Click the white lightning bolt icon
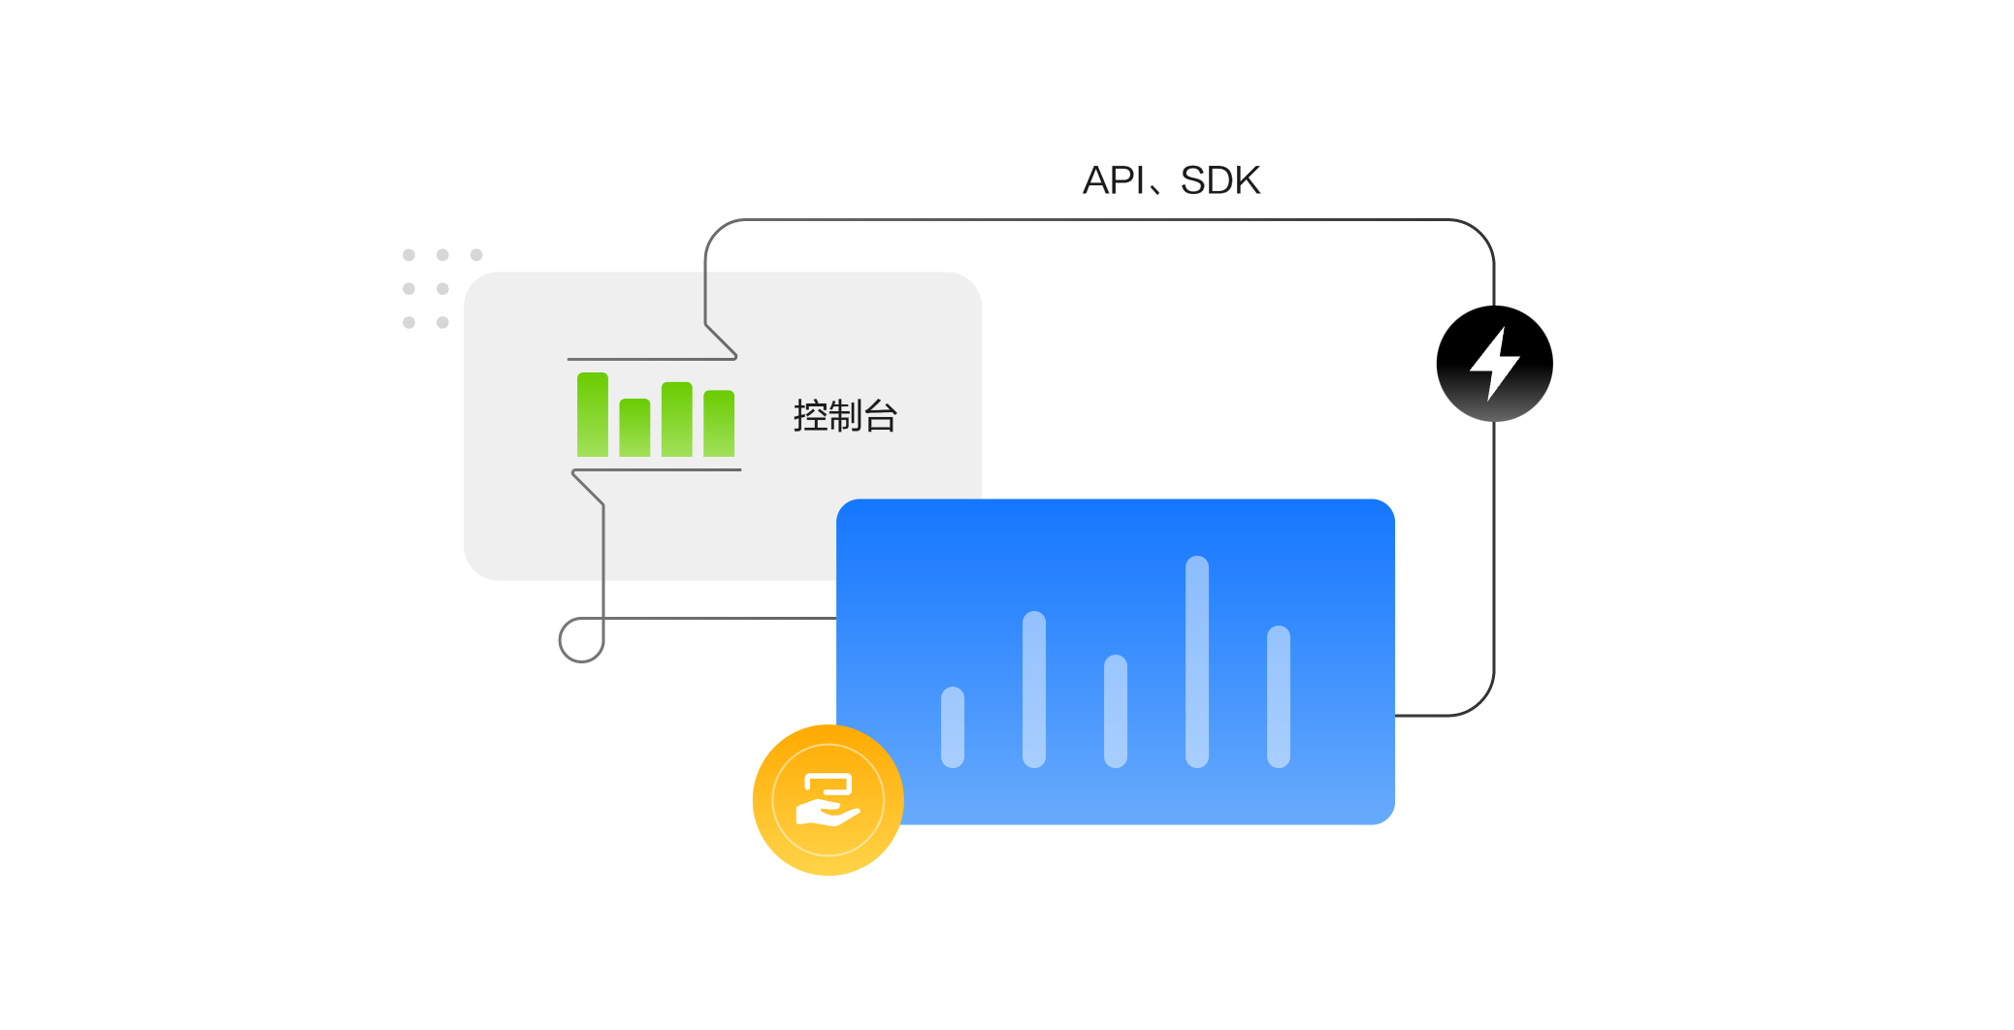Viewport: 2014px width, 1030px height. [x=1494, y=364]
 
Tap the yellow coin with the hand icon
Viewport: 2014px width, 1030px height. [x=828, y=800]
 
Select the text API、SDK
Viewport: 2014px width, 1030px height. [x=1171, y=180]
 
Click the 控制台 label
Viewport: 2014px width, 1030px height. [x=845, y=416]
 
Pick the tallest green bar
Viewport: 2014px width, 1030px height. [x=592, y=414]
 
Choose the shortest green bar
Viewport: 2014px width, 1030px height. [x=634, y=428]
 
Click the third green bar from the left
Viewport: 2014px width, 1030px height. [x=676, y=419]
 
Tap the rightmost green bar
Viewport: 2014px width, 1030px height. [x=719, y=423]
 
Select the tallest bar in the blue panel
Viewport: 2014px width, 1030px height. [x=1197, y=661]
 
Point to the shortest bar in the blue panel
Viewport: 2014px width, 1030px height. [x=953, y=727]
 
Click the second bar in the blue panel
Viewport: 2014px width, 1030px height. [x=1034, y=689]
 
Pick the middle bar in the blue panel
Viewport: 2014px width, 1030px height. [x=1116, y=711]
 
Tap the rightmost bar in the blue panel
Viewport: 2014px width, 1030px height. [x=1279, y=696]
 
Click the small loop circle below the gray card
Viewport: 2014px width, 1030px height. [x=581, y=640]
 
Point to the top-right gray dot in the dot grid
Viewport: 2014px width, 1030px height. [x=476, y=255]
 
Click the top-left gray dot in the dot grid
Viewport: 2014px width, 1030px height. [x=408, y=255]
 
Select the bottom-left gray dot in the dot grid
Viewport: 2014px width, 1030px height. [x=408, y=322]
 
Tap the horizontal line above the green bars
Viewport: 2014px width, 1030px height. [x=650, y=359]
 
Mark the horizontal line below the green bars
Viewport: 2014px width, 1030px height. [x=660, y=470]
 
